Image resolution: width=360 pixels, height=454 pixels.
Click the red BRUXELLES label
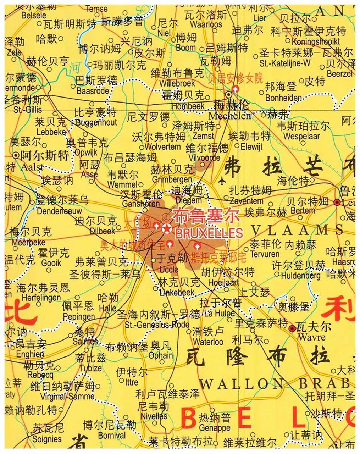[209, 233]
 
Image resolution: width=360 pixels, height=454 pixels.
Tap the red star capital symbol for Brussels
[166, 228]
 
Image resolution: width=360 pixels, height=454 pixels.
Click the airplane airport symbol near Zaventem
[222, 181]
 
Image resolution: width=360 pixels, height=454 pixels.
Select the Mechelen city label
[230, 116]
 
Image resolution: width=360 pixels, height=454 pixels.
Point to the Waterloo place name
[208, 342]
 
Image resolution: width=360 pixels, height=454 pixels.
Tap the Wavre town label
[311, 337]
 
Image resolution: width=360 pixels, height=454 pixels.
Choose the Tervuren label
[265, 254]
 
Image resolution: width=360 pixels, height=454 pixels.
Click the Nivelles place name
[154, 416]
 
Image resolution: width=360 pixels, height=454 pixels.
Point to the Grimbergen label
[172, 179]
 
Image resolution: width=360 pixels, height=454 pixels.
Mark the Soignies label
[47, 438]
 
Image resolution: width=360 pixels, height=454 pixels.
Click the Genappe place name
[215, 428]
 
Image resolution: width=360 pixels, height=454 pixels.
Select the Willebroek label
[177, 84]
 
